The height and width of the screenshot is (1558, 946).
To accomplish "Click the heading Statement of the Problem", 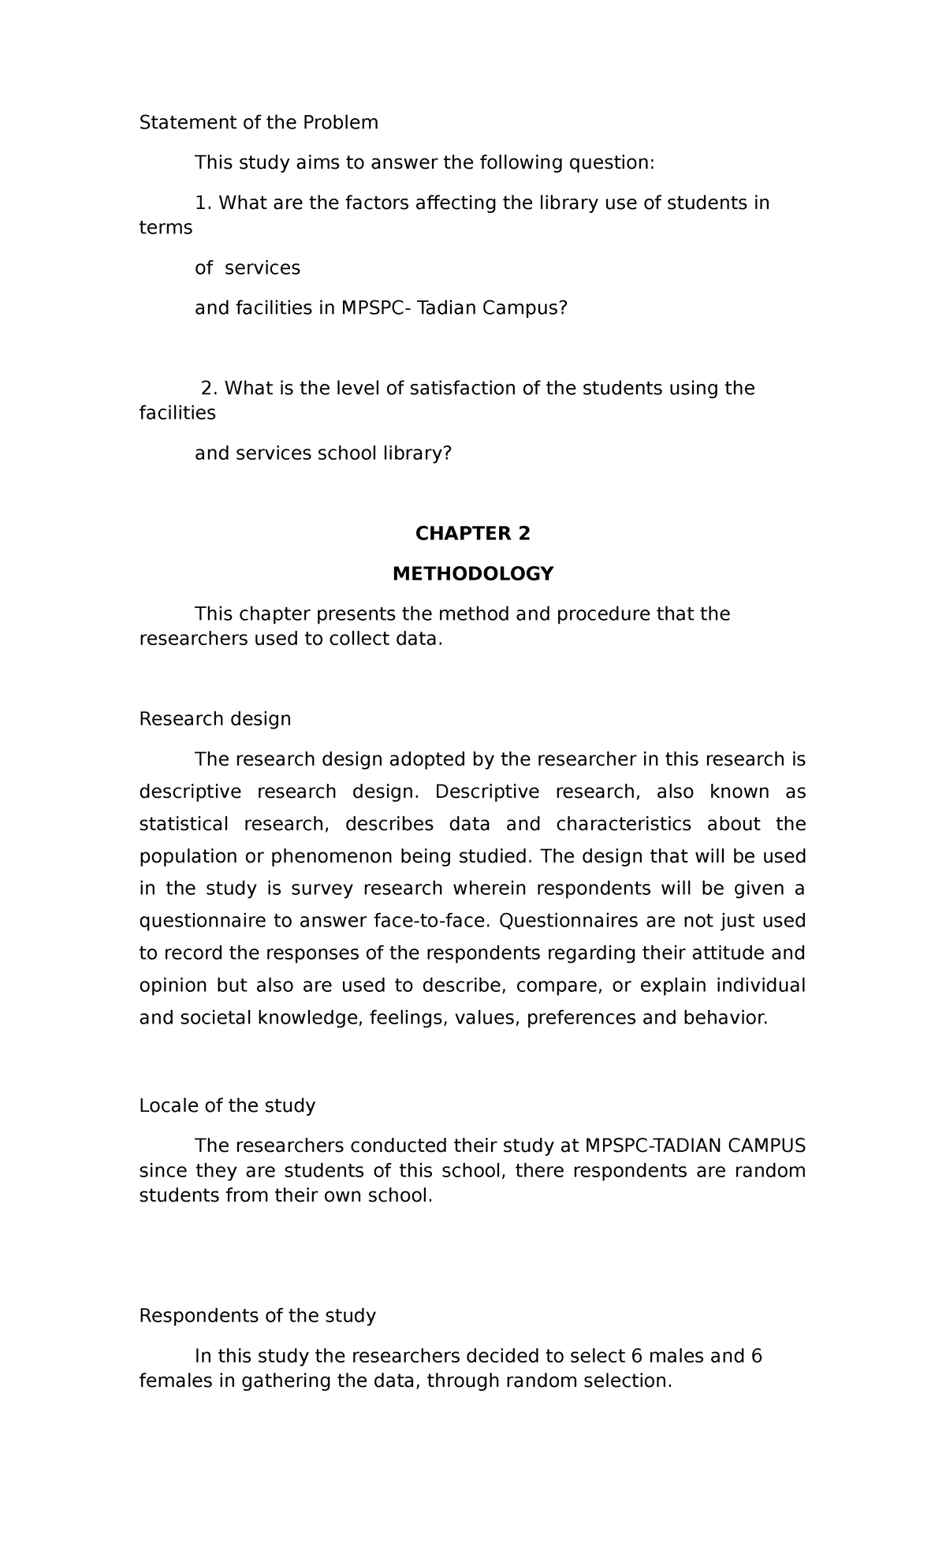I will (259, 122).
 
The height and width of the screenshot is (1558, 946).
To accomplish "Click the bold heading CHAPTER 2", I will (472, 534).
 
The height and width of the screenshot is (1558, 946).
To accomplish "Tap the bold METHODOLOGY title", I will (473, 574).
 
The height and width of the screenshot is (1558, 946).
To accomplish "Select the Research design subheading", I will (215, 719).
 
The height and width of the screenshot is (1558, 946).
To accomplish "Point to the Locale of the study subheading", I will (227, 1105).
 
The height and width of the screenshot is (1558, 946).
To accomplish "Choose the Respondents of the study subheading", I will (257, 1316).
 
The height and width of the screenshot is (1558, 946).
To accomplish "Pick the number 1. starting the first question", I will (203, 203).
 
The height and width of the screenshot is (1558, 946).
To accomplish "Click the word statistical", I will (184, 824).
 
